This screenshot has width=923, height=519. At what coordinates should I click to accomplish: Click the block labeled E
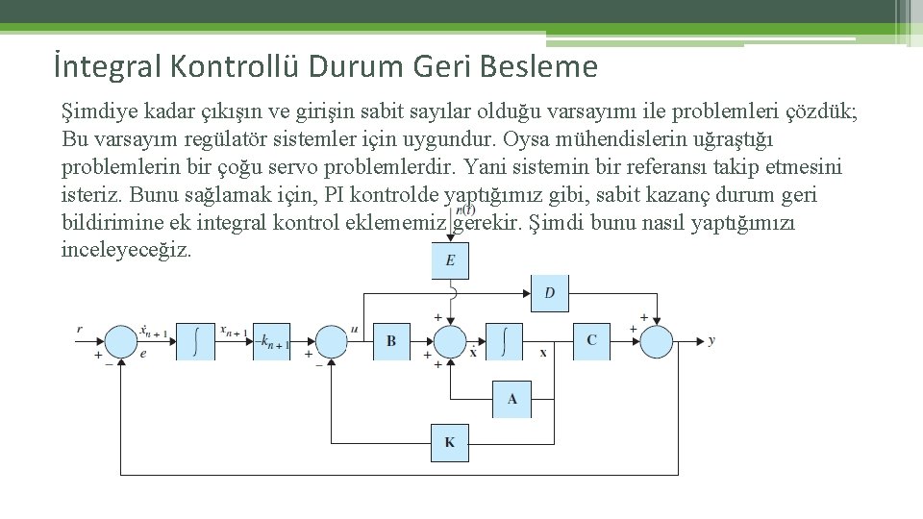tap(450, 260)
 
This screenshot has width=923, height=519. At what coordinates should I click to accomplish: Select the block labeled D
tap(549, 292)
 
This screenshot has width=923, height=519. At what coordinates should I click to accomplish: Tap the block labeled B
tap(391, 340)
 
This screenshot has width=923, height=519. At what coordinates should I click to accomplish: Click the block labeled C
tap(591, 340)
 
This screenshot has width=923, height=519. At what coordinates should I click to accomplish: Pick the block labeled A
tap(511, 399)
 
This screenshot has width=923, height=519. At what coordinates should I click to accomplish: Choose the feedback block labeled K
tap(450, 443)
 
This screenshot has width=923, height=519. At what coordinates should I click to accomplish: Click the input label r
tap(80, 330)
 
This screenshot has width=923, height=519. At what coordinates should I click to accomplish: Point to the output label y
tap(711, 340)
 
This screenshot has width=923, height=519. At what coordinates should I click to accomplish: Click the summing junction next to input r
tap(121, 341)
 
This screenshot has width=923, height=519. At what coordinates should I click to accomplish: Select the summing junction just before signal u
tap(331, 341)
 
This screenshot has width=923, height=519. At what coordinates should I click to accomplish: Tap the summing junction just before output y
tap(656, 341)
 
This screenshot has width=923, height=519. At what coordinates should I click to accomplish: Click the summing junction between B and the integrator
tap(450, 341)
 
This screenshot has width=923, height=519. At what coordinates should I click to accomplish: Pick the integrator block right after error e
tap(197, 340)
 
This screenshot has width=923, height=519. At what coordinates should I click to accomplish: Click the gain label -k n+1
tap(273, 341)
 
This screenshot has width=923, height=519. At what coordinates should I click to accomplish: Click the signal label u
tap(355, 330)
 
